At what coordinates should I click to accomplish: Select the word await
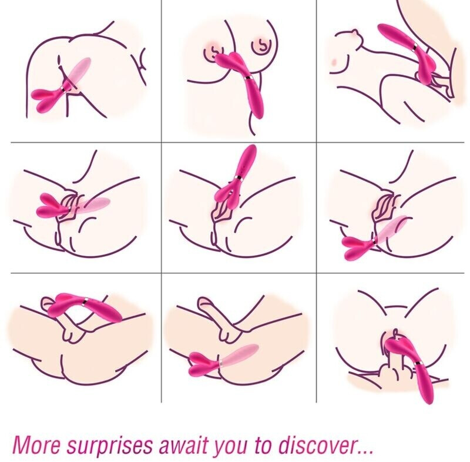coord(183,444)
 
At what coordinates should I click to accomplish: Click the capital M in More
coord(22,444)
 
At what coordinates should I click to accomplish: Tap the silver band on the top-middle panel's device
coord(249,79)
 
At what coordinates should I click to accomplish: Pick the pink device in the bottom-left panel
coord(85,308)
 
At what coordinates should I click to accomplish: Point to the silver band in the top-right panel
coord(416,47)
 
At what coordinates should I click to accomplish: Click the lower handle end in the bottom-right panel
coord(428,398)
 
